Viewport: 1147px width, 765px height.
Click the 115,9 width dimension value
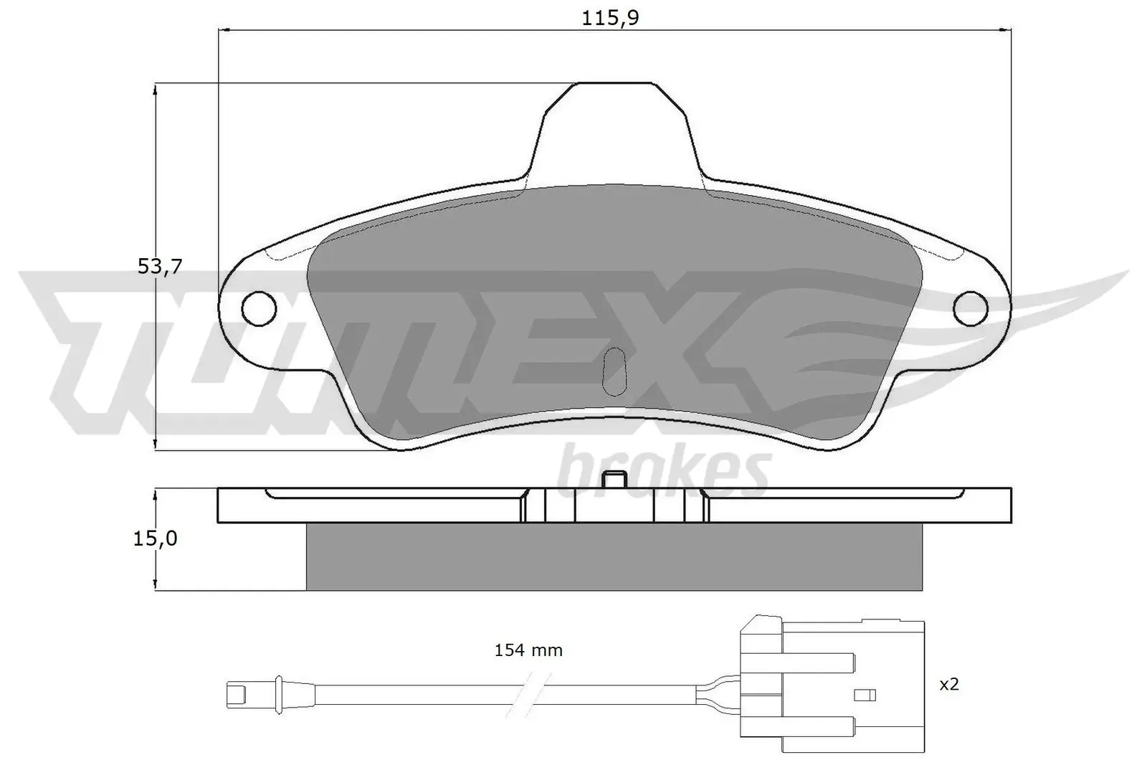point(610,18)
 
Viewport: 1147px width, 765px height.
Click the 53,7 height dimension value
point(160,267)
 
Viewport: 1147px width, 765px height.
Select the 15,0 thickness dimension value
point(155,538)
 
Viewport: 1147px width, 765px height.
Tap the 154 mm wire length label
point(528,650)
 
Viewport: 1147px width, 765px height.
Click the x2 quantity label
point(948,685)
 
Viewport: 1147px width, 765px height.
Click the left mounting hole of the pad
point(259,308)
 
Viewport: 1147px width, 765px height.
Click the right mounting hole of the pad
point(971,308)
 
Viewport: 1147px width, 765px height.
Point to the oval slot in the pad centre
point(614,371)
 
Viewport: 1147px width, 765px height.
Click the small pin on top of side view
point(614,480)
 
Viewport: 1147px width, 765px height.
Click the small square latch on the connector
point(865,695)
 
